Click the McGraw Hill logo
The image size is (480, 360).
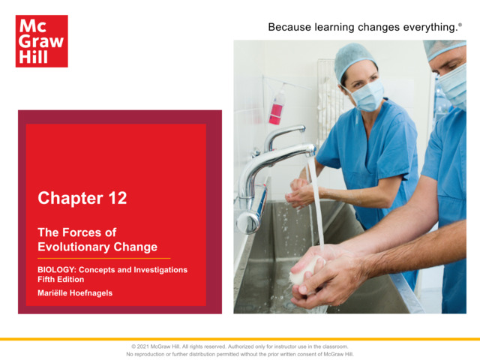point(41,41)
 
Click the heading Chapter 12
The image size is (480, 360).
point(82,198)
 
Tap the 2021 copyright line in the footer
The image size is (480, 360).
point(240,346)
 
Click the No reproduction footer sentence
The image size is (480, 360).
point(240,354)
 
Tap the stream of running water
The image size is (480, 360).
point(316,202)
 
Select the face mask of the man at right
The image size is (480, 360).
point(454,83)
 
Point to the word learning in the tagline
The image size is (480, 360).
point(346,28)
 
